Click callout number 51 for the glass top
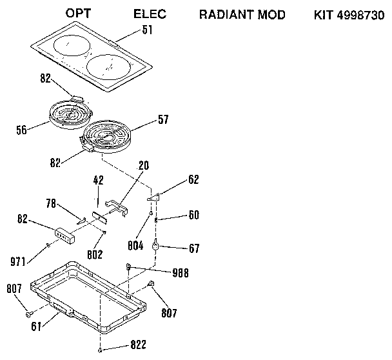148,30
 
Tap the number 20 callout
143,165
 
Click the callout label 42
98,181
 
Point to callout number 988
181,273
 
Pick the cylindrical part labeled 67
155,245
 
